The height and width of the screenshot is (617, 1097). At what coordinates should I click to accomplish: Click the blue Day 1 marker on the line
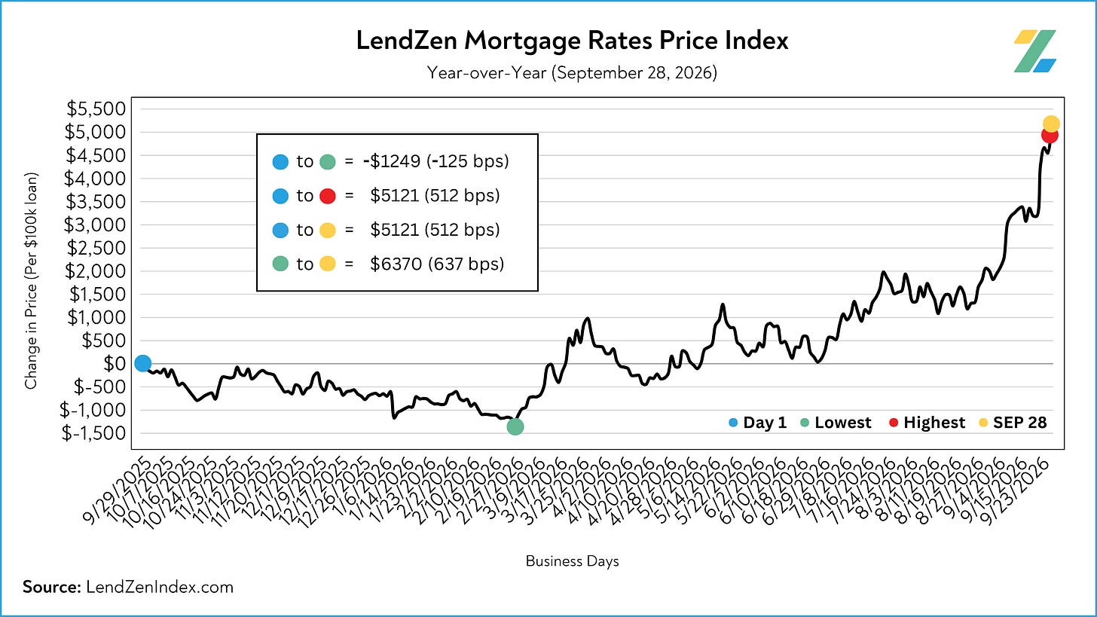142,363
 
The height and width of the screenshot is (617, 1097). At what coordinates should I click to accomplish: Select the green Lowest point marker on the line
515,426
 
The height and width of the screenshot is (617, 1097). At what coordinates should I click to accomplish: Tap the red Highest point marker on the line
1050,135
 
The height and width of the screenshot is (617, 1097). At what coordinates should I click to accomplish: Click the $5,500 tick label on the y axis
96,108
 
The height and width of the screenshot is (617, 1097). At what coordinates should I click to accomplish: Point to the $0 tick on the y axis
115,364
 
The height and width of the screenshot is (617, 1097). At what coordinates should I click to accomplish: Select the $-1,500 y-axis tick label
93,433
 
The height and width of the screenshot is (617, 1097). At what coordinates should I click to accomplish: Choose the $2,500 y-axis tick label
96,248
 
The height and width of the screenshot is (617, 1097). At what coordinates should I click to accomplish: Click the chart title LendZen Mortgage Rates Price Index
572,41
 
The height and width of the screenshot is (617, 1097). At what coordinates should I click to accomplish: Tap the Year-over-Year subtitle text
572,73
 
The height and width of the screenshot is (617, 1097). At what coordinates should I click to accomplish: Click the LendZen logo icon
1034,51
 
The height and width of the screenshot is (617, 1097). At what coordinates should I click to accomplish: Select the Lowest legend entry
836,422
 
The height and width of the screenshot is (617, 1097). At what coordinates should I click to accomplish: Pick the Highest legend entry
927,422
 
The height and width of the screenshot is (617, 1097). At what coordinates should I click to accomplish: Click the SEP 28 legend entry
1013,422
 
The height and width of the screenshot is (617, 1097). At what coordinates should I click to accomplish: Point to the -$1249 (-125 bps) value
435,161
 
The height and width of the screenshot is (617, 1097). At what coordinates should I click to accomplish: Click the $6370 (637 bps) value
437,264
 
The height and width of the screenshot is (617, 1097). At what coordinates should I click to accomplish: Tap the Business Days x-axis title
572,561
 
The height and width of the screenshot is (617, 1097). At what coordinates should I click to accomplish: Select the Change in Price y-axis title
31,280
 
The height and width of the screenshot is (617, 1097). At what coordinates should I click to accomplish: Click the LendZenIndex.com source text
160,587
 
